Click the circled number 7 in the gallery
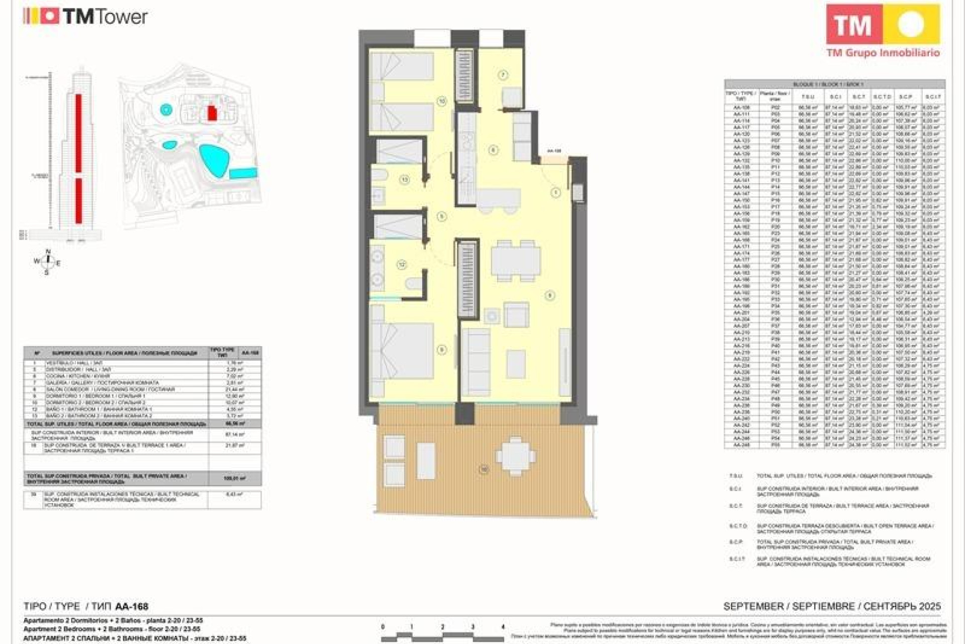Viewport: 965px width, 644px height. (x=503, y=75)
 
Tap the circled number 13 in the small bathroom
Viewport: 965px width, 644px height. (x=405, y=180)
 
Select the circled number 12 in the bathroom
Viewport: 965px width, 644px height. (x=402, y=264)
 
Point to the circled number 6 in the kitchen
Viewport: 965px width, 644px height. (x=493, y=149)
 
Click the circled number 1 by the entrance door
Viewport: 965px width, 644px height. (x=555, y=192)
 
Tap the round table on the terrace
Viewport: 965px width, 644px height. (x=515, y=456)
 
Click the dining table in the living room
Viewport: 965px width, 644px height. (x=516, y=261)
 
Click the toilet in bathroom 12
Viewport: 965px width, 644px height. (x=415, y=284)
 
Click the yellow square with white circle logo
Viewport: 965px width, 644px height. (x=911, y=24)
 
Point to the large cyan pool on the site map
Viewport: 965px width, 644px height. (x=215, y=160)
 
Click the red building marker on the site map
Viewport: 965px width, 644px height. (x=212, y=113)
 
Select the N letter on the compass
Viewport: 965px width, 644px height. (x=48, y=252)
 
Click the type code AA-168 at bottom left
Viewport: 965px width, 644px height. (x=132, y=606)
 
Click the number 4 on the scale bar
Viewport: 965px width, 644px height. (x=503, y=627)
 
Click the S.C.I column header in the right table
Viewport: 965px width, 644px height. (x=835, y=96)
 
